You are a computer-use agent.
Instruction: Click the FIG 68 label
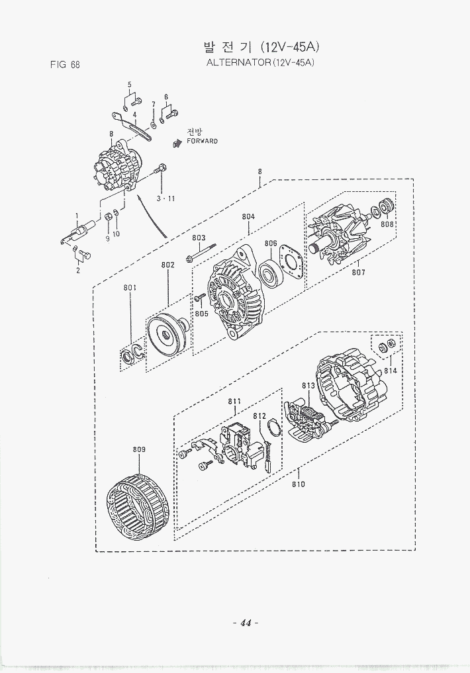[x=65, y=65]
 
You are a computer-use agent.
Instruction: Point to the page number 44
[x=244, y=623]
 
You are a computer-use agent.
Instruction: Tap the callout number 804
[x=248, y=216]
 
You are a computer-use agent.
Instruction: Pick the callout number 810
[x=298, y=484]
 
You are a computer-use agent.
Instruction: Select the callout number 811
[x=234, y=401]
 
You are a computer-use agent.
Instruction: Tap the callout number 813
[x=308, y=386]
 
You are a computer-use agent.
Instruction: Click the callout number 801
[x=130, y=287]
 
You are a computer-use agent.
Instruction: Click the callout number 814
[x=391, y=371]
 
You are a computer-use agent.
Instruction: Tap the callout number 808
[x=387, y=224]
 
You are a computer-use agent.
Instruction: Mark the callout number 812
[x=259, y=416]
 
